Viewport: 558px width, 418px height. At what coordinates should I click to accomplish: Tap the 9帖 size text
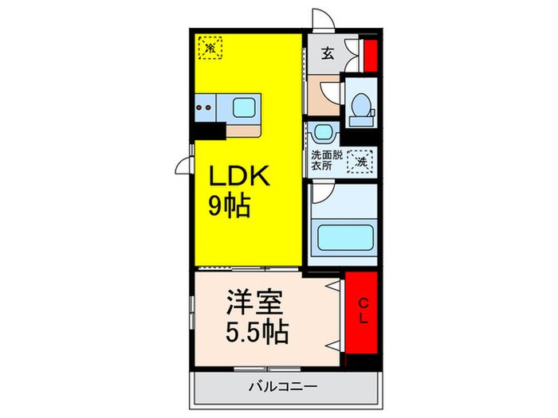click(230, 207)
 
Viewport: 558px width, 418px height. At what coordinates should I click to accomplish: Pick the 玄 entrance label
click(327, 55)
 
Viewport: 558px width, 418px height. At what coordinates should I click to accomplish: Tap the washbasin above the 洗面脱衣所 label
click(323, 132)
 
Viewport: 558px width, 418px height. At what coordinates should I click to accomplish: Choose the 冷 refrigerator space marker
click(210, 47)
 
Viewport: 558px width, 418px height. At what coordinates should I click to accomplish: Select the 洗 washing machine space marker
click(363, 161)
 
